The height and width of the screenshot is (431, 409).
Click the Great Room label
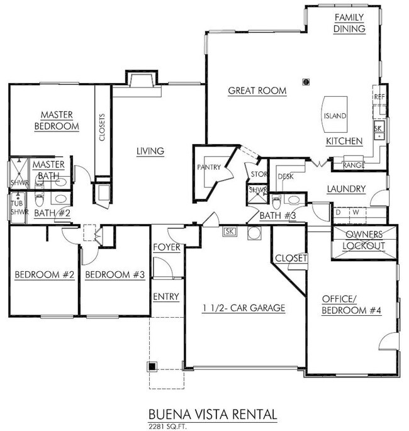tap(257, 91)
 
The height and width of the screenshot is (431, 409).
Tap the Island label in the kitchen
tap(334, 116)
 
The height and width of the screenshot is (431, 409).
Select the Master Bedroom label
tap(57, 120)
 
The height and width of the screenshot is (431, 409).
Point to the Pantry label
tap(208, 167)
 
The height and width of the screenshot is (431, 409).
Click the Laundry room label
tap(346, 189)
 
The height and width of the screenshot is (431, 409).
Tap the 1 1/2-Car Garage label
tap(244, 308)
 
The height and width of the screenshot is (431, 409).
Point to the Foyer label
tap(167, 247)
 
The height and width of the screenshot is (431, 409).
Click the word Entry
tap(166, 296)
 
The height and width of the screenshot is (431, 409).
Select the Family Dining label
tap(350, 23)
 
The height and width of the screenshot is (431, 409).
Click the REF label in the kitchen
tap(379, 97)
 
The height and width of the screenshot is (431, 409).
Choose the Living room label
tap(150, 151)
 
